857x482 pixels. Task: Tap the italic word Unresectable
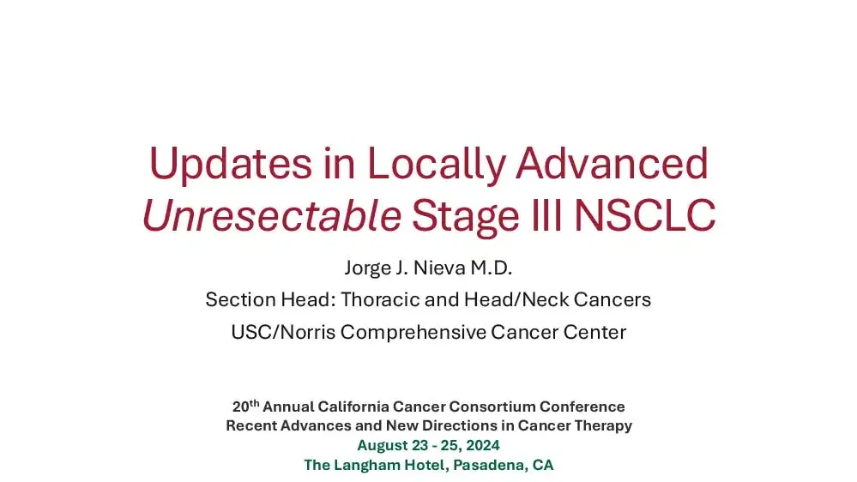[271, 215]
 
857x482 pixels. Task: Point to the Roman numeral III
[541, 215]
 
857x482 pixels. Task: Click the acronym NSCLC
[644, 215]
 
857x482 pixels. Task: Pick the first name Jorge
[368, 268]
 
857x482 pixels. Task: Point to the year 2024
[482, 445]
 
